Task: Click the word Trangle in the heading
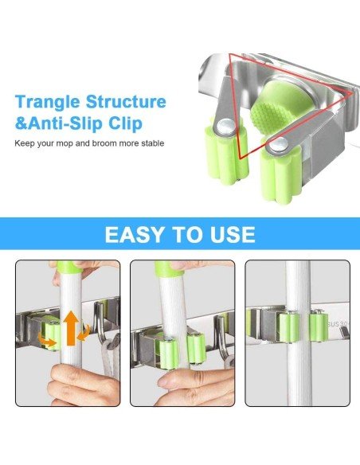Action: (53, 103)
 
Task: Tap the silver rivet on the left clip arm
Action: (225, 123)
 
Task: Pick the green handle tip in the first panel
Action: (67, 266)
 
